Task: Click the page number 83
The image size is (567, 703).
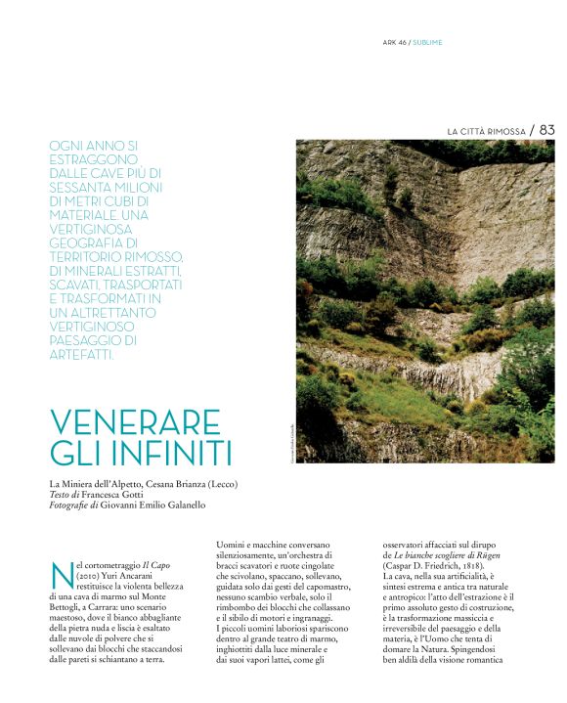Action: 545,129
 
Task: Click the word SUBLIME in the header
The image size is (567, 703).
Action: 427,43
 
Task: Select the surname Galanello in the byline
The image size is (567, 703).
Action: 178,505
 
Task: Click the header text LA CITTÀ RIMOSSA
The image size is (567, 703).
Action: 486,130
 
